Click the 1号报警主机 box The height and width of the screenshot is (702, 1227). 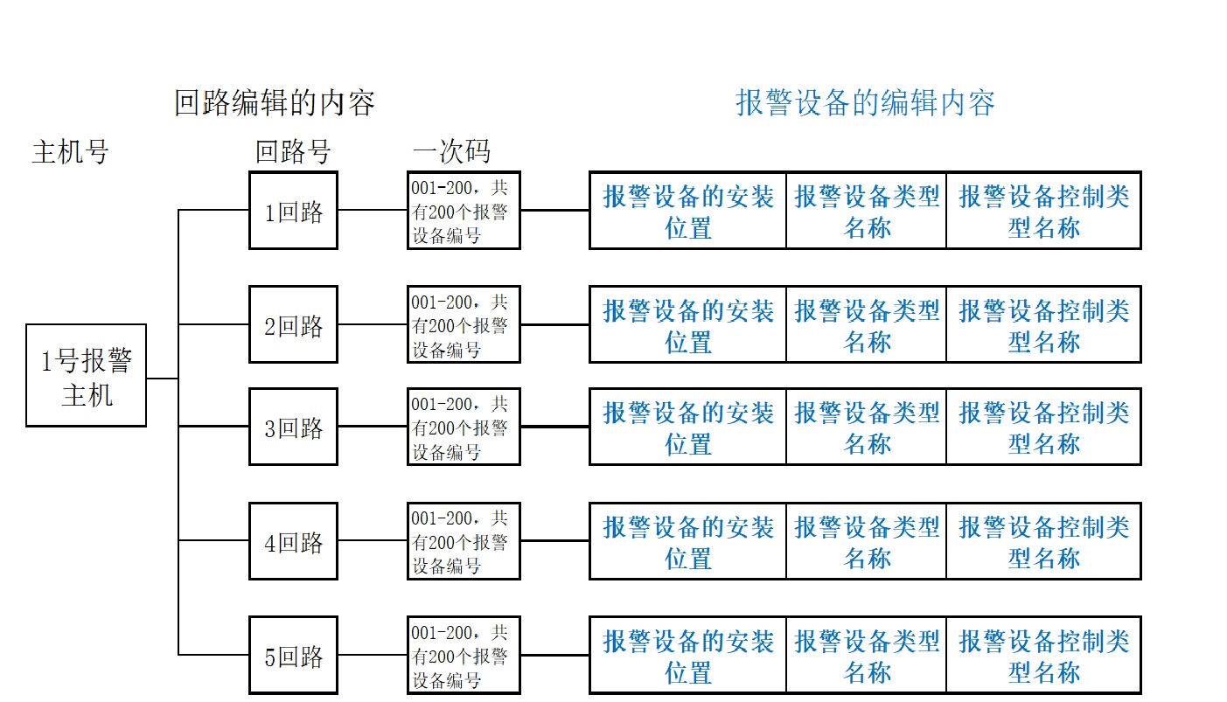[86, 375]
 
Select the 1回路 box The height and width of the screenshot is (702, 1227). [293, 211]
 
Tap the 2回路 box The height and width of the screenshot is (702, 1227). [293, 324]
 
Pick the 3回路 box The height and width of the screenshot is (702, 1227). [293, 427]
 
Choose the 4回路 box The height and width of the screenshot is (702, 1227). [293, 541]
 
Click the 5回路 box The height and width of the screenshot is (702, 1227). [293, 655]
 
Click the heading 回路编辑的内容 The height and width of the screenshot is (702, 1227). [275, 102]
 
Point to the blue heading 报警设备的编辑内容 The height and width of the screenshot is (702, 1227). [865, 102]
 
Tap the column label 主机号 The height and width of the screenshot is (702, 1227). [71, 152]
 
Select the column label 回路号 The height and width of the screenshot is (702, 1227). [293, 152]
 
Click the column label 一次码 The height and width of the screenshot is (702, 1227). [451, 152]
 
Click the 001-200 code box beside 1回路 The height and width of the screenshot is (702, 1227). [464, 211]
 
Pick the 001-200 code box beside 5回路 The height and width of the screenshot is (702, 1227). [464, 655]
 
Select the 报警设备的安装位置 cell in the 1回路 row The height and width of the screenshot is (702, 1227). [687, 211]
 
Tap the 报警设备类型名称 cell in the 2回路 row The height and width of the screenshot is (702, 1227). [866, 324]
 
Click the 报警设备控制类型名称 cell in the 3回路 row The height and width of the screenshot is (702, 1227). [1044, 427]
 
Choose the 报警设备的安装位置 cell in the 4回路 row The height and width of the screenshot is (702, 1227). [687, 541]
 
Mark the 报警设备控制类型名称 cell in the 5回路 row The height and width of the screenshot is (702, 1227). [1044, 655]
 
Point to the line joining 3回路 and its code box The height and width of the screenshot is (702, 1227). [373, 426]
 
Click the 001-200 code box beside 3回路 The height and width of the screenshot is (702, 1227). [464, 427]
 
